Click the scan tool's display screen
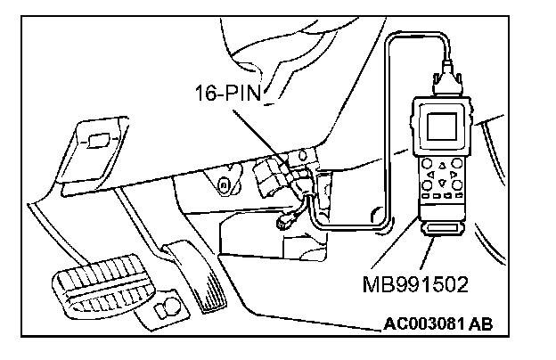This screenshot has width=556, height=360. click(443, 126)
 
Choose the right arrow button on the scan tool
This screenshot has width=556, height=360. click(454, 176)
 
